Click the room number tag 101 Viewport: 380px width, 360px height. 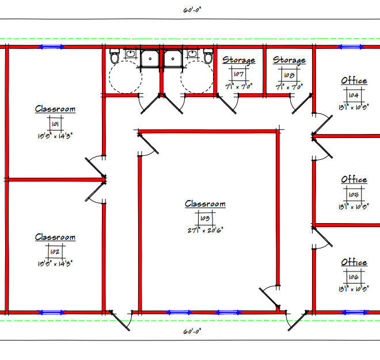tap(55, 124)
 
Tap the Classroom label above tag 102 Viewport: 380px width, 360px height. tap(55, 237)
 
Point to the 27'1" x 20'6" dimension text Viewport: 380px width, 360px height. tap(205, 229)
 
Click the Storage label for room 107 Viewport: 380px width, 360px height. tap(239, 60)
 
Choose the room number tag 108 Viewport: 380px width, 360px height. tap(289, 75)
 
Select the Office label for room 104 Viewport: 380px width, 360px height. tap(354, 81)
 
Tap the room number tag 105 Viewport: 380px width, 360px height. tap(354, 194)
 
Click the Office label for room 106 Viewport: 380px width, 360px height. tap(354, 262)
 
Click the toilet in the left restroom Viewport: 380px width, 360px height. tap(115, 57)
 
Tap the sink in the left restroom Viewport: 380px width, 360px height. tap(130, 55)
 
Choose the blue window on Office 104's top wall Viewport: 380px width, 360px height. tap(348, 47)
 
